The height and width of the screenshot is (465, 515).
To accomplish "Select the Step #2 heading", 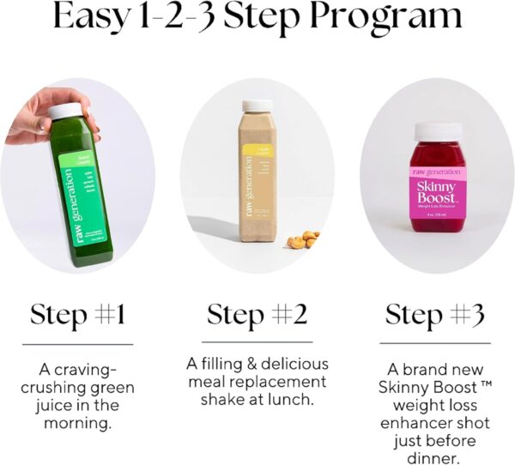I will [x=257, y=315].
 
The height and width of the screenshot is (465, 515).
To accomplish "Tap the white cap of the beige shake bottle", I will [x=257, y=106].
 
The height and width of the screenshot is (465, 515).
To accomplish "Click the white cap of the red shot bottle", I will [x=438, y=131].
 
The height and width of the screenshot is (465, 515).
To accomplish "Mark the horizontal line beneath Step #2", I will [x=257, y=342].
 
